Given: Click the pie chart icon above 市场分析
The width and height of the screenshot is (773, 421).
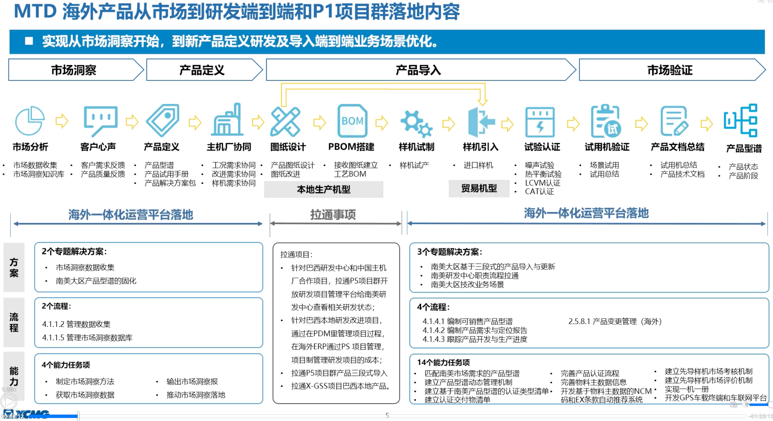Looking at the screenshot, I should point(30,121).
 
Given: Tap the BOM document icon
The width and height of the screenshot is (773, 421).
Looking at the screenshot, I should point(352,121).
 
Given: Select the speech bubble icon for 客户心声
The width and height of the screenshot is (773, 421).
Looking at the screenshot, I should point(101,120).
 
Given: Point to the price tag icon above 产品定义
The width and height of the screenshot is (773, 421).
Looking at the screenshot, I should point(163,120).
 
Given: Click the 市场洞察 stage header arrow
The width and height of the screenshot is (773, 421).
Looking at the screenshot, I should point(75,70).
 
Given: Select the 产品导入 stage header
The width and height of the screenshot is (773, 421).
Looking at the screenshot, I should point(419,70).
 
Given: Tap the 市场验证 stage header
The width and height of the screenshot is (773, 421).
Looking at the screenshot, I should point(670,70).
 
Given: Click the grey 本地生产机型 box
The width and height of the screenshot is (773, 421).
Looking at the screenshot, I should point(323,189).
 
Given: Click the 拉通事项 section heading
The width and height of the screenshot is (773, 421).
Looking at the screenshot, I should point(333,215).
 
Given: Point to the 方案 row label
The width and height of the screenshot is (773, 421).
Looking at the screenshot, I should point(14,267).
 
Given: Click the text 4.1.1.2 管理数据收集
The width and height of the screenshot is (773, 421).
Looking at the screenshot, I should point(76,324).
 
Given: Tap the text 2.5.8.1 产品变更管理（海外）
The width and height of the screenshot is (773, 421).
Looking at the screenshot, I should point(615,321).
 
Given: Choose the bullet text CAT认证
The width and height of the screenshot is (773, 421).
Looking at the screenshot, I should point(539,191).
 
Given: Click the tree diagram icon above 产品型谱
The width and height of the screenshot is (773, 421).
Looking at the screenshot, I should point(741,121).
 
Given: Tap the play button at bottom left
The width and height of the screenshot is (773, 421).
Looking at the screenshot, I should point(9,401).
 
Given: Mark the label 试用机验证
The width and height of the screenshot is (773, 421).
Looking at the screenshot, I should point(607,147).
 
